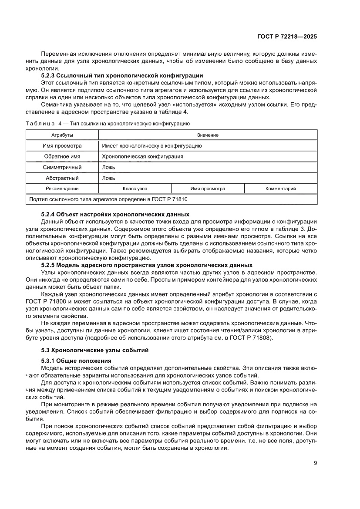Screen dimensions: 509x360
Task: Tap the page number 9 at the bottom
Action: (315, 463)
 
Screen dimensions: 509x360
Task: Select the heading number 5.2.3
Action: (48, 76)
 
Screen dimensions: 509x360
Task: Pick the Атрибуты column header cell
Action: (62, 135)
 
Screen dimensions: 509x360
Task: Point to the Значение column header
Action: (208, 135)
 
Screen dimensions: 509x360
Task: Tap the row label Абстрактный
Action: (62, 178)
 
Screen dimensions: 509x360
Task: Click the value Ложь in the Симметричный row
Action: (108, 167)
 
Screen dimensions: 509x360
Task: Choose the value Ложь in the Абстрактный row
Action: (108, 178)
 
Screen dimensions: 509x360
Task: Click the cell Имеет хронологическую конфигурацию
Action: (151, 146)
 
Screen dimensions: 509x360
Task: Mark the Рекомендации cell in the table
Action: (62, 189)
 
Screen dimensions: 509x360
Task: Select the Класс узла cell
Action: (135, 189)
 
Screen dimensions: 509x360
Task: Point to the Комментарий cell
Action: (280, 189)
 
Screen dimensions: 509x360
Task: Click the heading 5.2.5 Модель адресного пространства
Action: (146, 265)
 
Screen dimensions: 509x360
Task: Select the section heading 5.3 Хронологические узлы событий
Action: (95, 350)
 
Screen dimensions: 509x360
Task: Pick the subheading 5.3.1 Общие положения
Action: (76, 361)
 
